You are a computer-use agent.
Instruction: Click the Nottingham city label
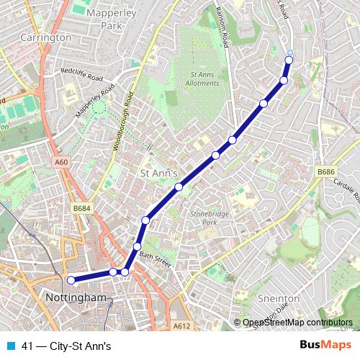click(75, 297)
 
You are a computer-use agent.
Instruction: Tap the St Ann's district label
click(159, 173)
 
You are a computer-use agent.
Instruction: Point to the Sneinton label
click(278, 297)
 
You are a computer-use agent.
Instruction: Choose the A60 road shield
click(60, 163)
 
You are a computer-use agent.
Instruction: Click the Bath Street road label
click(156, 259)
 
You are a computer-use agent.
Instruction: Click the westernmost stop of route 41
click(71, 280)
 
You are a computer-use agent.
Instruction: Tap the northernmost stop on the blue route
click(289, 52)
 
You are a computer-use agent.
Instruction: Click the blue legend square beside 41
click(10, 346)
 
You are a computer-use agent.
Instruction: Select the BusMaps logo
click(325, 345)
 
